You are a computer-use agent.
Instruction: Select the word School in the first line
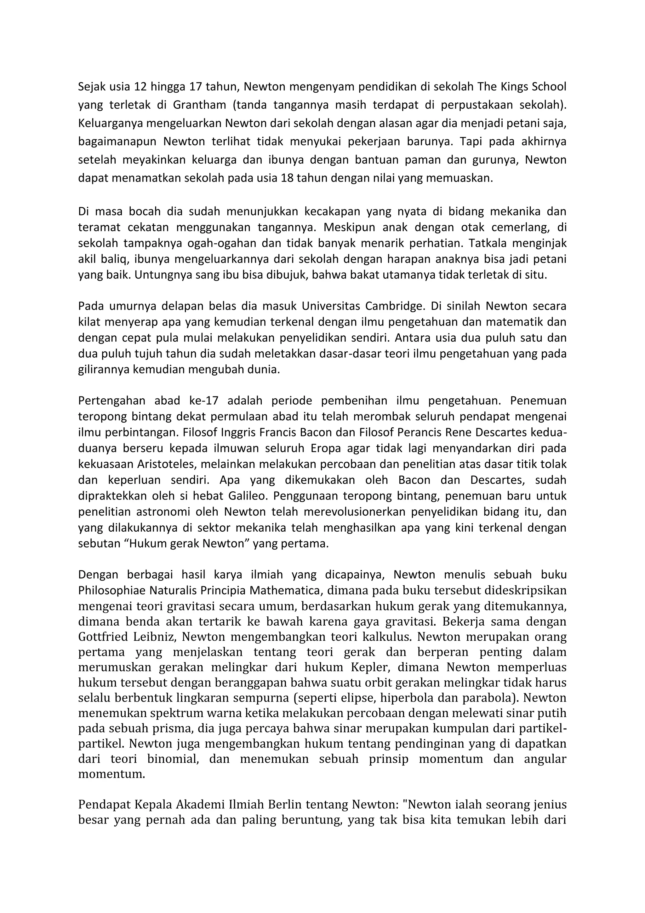(x=548, y=86)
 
